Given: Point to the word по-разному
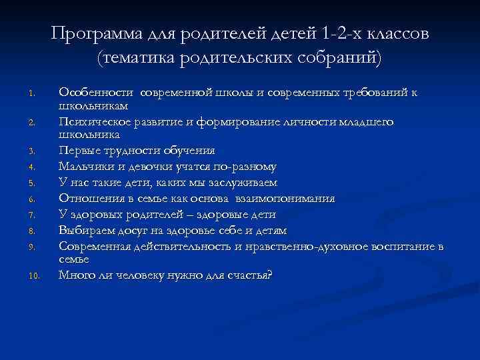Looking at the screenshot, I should [x=246, y=167].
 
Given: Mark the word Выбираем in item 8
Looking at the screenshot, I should [x=85, y=231].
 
